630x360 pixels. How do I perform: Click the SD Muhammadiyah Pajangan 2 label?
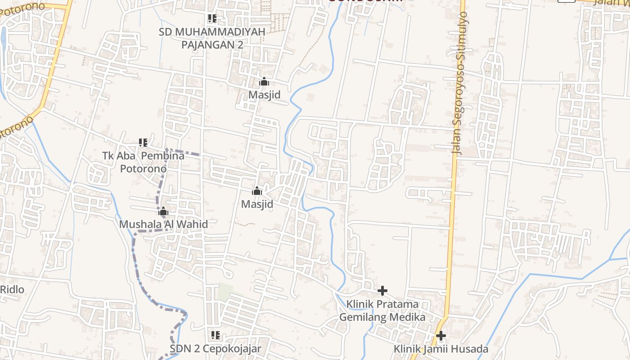[x=211, y=38]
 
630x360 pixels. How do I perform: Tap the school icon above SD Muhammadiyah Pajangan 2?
[x=212, y=19]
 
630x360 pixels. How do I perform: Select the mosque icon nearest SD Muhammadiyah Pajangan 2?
[x=264, y=82]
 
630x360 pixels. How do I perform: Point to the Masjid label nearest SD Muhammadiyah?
[x=264, y=95]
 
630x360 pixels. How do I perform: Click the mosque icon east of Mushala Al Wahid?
[x=257, y=191]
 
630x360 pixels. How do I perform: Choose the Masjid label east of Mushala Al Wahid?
[x=257, y=204]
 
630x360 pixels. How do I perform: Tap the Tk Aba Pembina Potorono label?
[x=143, y=162]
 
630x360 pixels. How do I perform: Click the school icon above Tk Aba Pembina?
[x=143, y=143]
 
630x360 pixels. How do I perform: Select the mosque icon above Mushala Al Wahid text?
[x=163, y=211]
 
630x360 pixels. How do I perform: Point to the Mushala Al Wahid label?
[x=163, y=224]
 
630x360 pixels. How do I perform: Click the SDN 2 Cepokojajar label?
[x=215, y=349]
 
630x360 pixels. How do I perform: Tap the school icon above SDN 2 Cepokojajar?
[x=216, y=335]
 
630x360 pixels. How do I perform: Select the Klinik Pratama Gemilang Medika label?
[x=382, y=310]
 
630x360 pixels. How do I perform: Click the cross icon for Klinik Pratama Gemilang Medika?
[x=382, y=291]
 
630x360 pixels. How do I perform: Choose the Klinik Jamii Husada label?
[x=441, y=349]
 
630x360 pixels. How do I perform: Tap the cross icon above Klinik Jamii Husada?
[x=441, y=336]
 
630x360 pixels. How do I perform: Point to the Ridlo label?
[x=12, y=289]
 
